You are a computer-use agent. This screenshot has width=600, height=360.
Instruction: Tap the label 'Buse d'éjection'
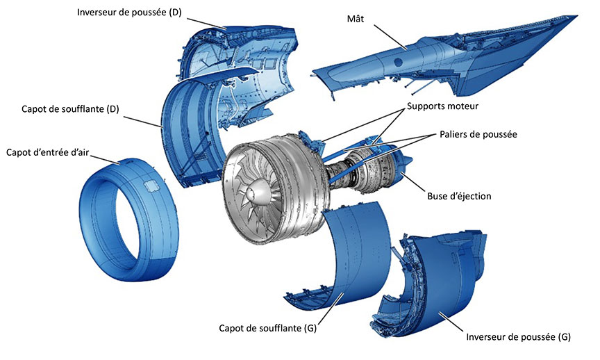point(459,196)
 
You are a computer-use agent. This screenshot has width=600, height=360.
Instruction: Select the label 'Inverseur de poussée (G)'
point(519,337)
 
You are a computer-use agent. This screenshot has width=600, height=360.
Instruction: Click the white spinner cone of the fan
point(251,190)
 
